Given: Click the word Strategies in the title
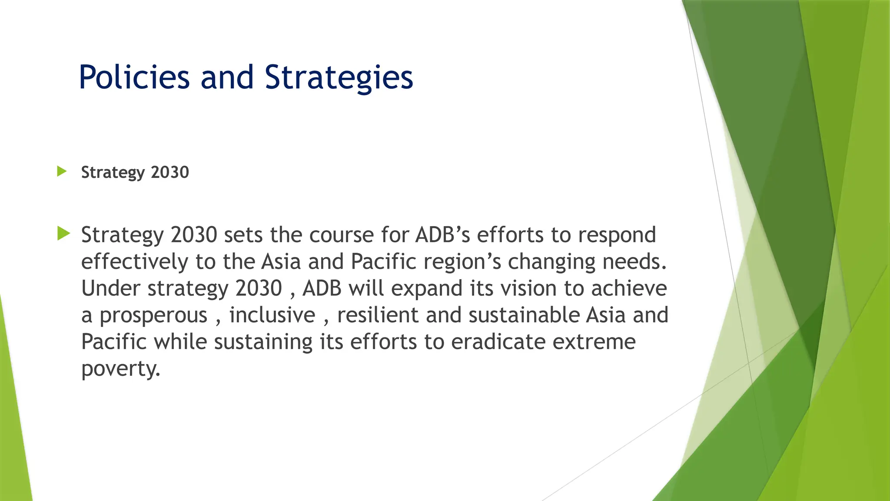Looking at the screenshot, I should pos(339,77).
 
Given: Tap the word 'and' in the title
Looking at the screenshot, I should pos(227,77).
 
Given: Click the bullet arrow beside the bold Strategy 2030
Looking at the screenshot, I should pos(62,171).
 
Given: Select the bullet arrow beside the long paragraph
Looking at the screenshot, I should pos(63,234).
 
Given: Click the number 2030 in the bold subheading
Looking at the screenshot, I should pos(170,172).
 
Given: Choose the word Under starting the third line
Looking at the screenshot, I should pos(110,288).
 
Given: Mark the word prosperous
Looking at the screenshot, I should pos(153,315).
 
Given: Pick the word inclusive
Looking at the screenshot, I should pos(272,315).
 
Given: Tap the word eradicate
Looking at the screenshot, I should pos(498,342).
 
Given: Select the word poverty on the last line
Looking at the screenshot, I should pos(120,369).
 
